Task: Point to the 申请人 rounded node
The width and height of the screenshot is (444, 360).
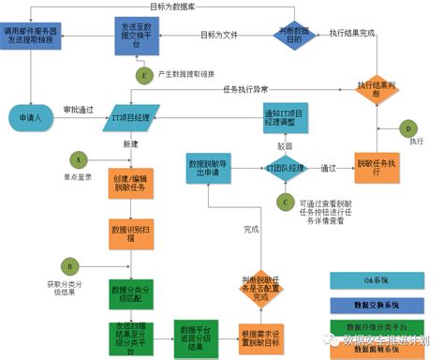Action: point(31,120)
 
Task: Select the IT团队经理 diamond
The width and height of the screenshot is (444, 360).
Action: point(285,169)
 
